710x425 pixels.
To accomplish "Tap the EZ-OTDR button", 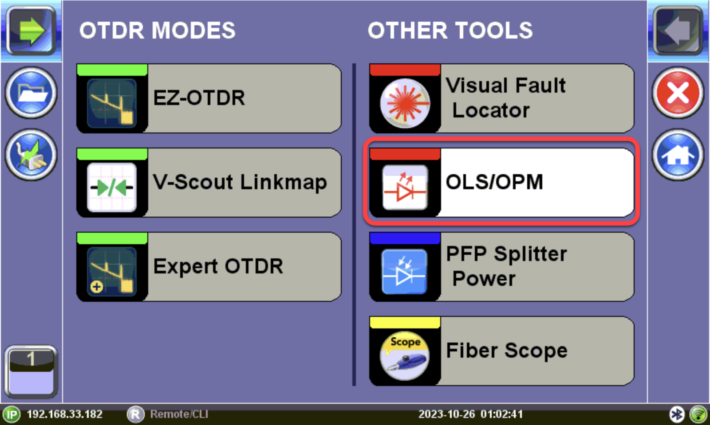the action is [x=209, y=98].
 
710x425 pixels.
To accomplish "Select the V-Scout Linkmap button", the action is [x=209, y=183].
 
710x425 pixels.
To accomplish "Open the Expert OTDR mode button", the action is [x=209, y=267].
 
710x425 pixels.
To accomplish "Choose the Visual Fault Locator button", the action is [x=502, y=98].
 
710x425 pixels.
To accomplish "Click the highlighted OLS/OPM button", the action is [x=502, y=183].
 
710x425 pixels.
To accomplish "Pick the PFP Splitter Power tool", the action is [x=502, y=267].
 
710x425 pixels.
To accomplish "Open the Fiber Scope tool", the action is [x=502, y=351].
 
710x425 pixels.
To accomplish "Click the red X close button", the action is [x=678, y=93].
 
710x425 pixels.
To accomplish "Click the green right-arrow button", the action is [x=31, y=31].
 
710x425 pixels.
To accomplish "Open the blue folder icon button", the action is [x=31, y=93].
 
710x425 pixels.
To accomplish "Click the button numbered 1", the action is [x=31, y=371].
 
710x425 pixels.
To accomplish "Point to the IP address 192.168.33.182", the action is [x=65, y=414].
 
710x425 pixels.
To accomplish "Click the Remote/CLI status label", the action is [x=179, y=414].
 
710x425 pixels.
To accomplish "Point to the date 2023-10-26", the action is [x=446, y=414].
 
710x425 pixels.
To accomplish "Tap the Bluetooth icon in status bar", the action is [x=677, y=414].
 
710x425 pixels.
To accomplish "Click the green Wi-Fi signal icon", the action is [x=698, y=414].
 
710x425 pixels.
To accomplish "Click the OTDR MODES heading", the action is [x=158, y=31].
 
